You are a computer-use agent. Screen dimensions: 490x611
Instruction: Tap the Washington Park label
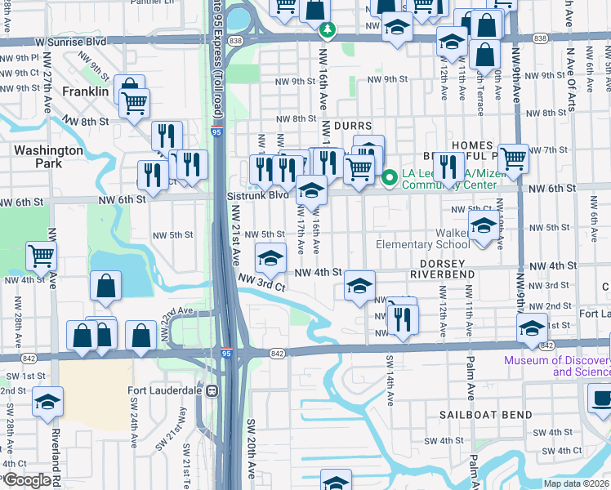[48, 157]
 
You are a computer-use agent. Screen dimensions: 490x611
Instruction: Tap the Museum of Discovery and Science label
[557, 366]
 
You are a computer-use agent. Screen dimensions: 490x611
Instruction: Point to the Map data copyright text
[575, 483]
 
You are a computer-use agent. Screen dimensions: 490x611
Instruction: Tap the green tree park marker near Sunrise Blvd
[328, 30]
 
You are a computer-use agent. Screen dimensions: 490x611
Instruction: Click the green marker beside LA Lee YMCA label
[390, 176]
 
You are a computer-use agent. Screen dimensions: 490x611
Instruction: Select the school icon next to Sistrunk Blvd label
[311, 191]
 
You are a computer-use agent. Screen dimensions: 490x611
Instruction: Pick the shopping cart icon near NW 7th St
[513, 158]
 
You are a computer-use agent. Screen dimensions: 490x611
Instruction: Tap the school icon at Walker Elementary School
[483, 225]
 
